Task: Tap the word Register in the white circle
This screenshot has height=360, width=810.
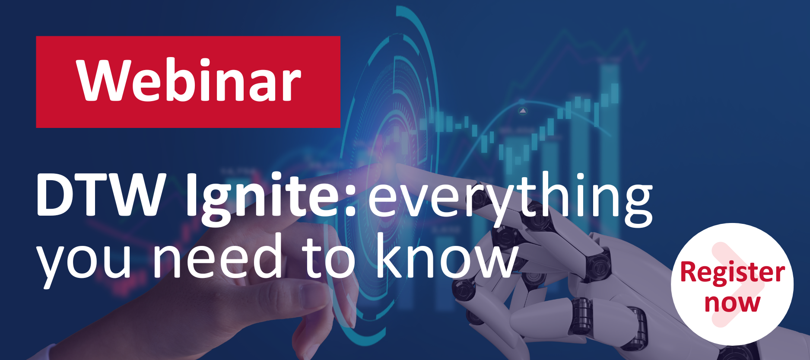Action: pos(732,273)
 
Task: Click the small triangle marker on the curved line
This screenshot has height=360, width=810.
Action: pos(523,111)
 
